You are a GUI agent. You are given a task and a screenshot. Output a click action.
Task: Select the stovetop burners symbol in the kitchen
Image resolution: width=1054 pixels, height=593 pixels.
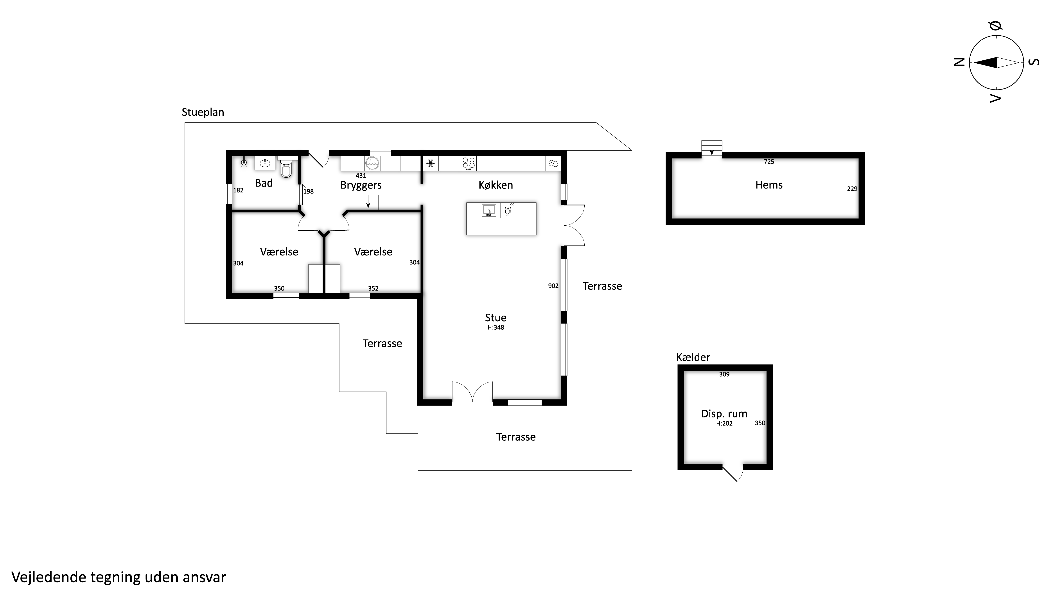469,164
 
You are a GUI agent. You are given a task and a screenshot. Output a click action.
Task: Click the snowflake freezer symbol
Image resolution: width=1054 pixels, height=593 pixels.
430,164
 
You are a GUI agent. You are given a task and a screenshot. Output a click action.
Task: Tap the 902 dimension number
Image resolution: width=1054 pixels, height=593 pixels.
553,286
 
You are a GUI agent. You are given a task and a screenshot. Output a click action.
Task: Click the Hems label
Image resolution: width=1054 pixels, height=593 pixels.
769,185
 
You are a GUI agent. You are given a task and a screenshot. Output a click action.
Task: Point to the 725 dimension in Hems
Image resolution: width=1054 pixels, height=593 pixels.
769,162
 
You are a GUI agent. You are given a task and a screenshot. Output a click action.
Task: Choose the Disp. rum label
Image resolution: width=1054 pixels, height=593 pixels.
724,414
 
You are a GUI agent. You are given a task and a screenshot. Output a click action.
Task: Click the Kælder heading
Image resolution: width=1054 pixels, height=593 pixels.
693,357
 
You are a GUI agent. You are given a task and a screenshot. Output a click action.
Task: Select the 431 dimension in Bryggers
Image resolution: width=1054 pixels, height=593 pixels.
361,176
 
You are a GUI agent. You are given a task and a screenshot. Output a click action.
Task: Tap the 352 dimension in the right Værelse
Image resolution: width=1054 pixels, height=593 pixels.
373,289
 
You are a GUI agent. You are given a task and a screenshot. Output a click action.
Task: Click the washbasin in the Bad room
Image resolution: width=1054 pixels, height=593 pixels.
265,163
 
